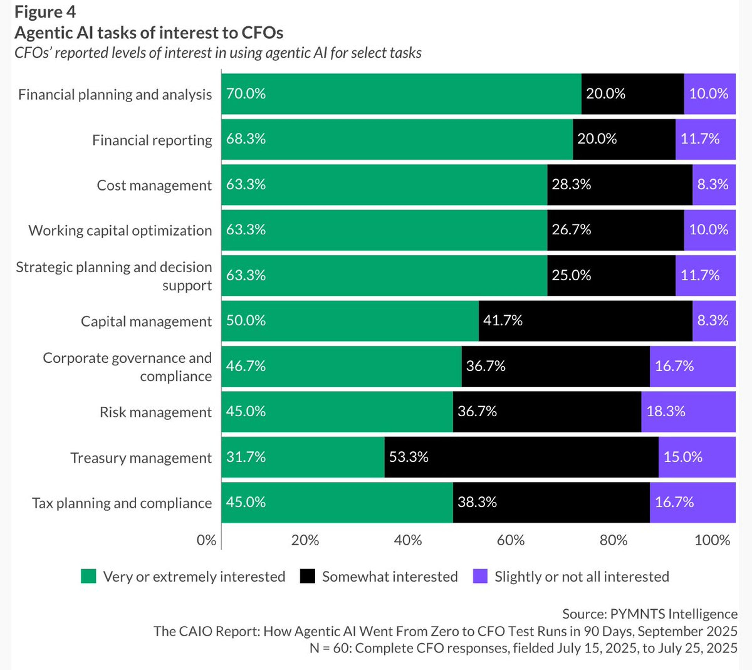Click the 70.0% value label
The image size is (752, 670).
[x=246, y=93]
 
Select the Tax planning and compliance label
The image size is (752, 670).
[x=122, y=503]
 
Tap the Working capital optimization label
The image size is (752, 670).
[x=120, y=230]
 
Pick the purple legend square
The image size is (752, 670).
[x=480, y=576]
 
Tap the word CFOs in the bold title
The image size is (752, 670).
[x=262, y=33]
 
